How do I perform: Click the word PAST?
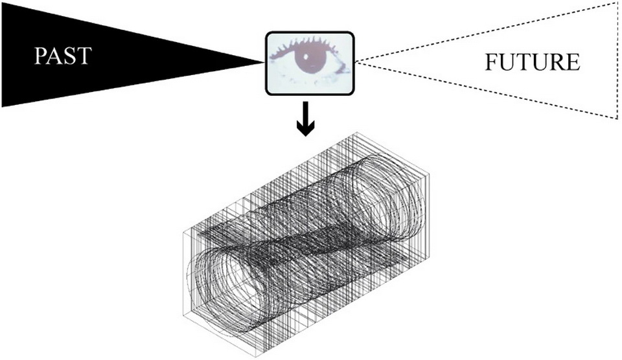63,56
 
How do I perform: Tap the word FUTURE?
533,63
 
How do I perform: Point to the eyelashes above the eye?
310,43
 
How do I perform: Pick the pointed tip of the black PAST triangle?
262,62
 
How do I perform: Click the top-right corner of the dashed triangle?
616,3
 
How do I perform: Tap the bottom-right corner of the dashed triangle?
616,118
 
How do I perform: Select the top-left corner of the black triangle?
2,2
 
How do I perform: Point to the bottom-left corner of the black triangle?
2,106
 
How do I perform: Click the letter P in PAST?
40,56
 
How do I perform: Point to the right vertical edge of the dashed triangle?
616,62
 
